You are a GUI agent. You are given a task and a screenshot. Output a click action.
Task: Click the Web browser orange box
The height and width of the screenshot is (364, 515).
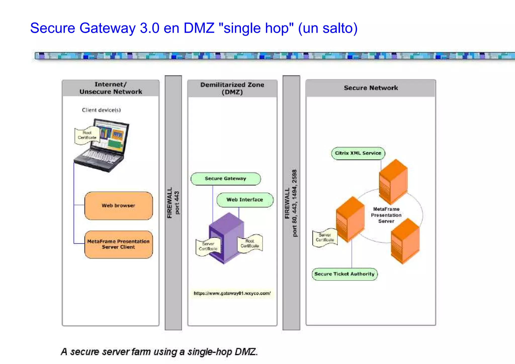coord(118,206)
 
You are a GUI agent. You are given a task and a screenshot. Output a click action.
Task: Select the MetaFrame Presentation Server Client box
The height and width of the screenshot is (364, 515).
coord(118,244)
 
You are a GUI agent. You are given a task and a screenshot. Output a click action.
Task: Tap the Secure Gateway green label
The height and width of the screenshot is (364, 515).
coord(226,179)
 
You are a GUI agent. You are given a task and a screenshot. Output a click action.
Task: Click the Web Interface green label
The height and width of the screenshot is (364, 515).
coord(245,200)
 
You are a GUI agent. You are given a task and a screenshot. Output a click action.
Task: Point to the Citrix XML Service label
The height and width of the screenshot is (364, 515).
coord(358,153)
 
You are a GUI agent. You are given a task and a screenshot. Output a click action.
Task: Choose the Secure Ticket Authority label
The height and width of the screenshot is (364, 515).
coord(344,274)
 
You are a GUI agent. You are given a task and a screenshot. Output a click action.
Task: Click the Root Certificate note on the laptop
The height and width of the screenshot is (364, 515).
coord(87,135)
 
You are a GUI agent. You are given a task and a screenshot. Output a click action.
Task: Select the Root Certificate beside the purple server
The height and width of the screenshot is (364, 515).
coord(250,244)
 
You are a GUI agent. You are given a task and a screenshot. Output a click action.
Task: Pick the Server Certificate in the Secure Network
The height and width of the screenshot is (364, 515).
coord(325,237)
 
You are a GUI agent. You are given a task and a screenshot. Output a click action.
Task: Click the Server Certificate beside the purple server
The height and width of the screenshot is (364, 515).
coord(208,246)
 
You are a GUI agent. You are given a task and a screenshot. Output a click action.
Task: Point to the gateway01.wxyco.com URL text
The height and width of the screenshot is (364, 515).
coord(232,293)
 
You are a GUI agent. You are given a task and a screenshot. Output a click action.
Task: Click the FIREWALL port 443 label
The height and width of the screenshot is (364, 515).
coord(173,203)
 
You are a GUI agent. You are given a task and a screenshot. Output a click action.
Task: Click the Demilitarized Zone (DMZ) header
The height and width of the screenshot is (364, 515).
coord(232,88)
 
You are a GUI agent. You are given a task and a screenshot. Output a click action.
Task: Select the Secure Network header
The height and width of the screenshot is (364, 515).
coord(371,88)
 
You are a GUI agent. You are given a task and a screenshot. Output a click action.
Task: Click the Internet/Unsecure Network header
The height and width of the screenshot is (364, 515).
coord(111,88)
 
